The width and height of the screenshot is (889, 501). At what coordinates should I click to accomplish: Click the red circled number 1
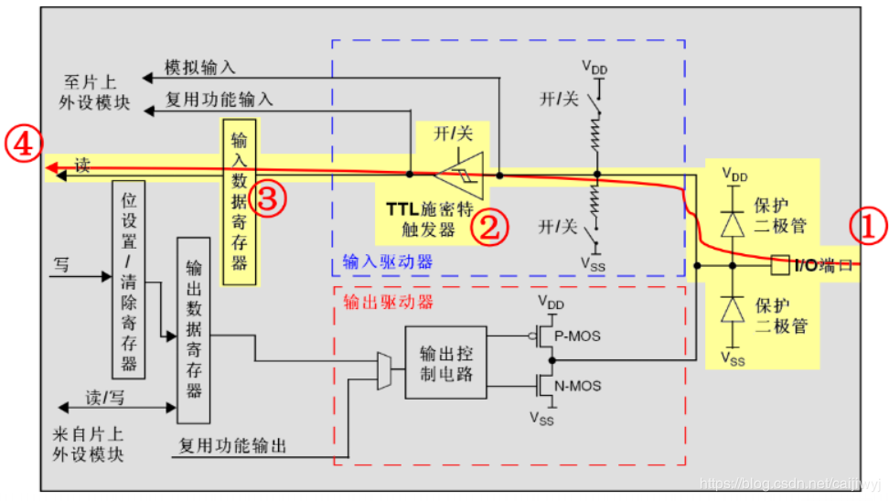pyautogui.click(x=868, y=226)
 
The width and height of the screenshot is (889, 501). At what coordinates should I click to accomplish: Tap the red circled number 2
pyautogui.click(x=490, y=228)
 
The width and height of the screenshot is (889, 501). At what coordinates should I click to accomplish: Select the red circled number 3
pyautogui.click(x=268, y=198)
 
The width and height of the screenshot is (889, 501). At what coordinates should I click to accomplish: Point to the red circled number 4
pyautogui.click(x=23, y=144)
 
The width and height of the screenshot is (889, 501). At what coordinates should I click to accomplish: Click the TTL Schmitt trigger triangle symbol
pyautogui.click(x=460, y=176)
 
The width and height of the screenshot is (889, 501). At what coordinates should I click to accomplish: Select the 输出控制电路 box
pyautogui.click(x=445, y=363)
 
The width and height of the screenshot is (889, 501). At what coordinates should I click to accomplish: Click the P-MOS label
pyautogui.click(x=577, y=336)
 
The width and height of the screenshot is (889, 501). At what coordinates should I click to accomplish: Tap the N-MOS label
pyautogui.click(x=578, y=387)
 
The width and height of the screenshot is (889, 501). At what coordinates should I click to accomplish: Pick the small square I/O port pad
pyautogui.click(x=780, y=264)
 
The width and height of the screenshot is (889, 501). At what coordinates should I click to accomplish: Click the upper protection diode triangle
pyautogui.click(x=733, y=224)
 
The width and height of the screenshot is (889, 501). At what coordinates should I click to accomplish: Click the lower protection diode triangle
pyautogui.click(x=733, y=309)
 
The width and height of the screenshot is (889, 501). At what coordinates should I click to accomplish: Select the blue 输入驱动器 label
pyautogui.click(x=388, y=261)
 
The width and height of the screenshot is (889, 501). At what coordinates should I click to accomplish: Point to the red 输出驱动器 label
pyautogui.click(x=388, y=302)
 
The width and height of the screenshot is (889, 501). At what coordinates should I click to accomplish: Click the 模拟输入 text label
pyautogui.click(x=199, y=68)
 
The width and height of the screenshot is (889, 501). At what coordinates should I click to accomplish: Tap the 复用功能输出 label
pyautogui.click(x=232, y=446)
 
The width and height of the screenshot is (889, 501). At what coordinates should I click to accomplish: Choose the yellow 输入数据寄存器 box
pyautogui.click(x=240, y=202)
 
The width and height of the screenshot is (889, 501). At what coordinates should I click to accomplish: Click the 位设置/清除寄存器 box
pyautogui.click(x=129, y=280)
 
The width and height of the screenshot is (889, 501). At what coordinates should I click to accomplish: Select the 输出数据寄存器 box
pyautogui.click(x=193, y=330)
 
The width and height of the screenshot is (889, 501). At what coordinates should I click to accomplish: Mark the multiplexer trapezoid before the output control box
pyautogui.click(x=384, y=370)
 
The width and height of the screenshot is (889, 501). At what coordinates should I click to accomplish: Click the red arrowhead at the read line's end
pyautogui.click(x=52, y=167)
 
